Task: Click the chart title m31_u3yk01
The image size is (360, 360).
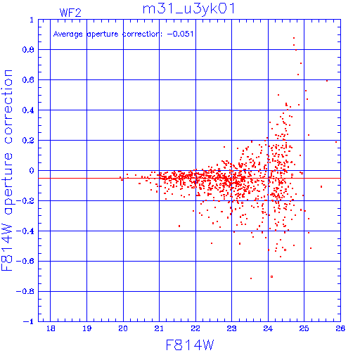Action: tap(188, 9)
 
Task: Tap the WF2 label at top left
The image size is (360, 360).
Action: tap(70, 13)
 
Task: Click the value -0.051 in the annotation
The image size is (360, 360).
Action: tap(180, 34)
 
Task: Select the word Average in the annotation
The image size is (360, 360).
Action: tap(68, 34)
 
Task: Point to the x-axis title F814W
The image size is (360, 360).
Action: tap(190, 345)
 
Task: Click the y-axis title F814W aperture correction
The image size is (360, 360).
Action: tap(7, 170)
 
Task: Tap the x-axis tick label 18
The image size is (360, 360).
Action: tap(51, 328)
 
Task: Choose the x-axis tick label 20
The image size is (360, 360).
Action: tap(123, 328)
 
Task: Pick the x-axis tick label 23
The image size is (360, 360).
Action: tap(231, 328)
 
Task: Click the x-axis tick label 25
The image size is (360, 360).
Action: tap(304, 328)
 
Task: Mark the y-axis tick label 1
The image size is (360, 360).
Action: tap(32, 20)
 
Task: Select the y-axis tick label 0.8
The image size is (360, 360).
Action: tap(28, 50)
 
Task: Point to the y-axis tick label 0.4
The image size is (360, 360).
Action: tap(28, 110)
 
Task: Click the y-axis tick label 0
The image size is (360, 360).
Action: tap(32, 171)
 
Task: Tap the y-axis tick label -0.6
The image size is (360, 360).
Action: tap(25, 261)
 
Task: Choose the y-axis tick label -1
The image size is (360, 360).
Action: tap(29, 321)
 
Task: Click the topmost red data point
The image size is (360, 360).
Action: tap(294, 38)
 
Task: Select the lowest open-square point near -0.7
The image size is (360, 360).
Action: tap(272, 277)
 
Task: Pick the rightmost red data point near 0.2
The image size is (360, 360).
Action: tap(336, 142)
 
